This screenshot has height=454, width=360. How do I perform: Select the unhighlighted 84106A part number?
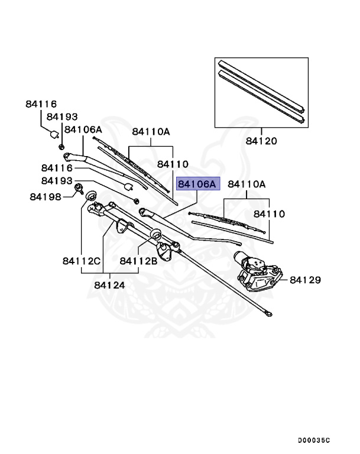(x=83, y=129)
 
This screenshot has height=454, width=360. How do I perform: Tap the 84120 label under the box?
(x=261, y=141)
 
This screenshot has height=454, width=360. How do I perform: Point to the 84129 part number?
(x=304, y=278)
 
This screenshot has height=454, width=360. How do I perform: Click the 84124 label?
(x=109, y=284)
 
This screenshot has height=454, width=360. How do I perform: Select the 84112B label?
(x=138, y=261)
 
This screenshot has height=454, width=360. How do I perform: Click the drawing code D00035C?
(x=314, y=440)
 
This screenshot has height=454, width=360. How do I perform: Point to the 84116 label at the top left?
(x=41, y=104)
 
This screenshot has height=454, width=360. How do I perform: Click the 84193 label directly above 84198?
(x=57, y=180)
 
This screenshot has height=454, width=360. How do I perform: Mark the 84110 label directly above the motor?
(x=270, y=213)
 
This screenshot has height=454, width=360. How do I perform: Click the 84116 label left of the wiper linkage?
(x=57, y=168)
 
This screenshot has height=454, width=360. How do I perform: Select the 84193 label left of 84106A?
(x=62, y=117)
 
